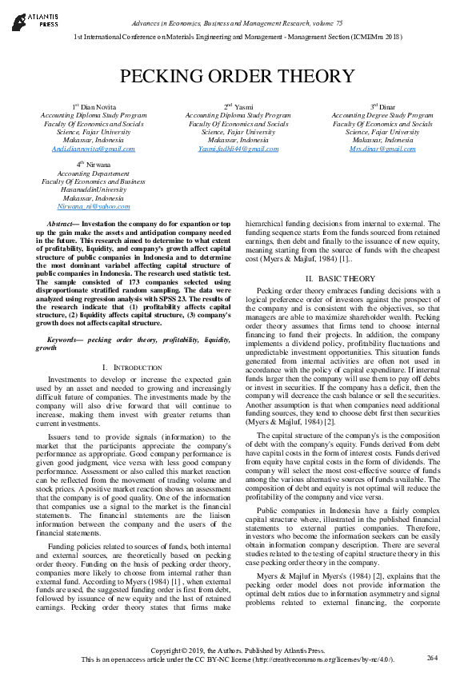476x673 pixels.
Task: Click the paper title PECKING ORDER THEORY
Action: (x=237, y=77)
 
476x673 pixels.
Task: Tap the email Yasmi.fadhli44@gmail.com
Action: (x=238, y=149)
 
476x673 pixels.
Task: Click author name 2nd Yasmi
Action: (x=238, y=106)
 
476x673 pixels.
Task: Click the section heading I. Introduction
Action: (x=122, y=367)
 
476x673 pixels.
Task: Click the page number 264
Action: (x=433, y=657)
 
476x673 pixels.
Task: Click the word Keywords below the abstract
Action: (x=66, y=340)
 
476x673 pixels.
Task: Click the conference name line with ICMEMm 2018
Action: (x=238, y=38)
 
